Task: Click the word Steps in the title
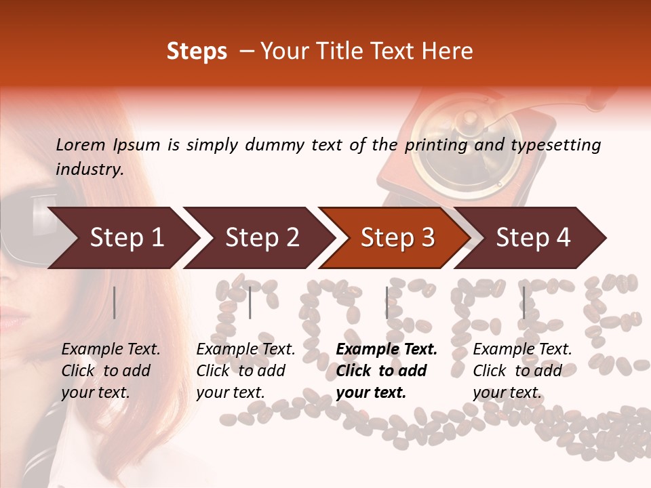tap(197, 52)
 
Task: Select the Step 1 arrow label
tap(127, 238)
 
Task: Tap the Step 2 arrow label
tap(262, 238)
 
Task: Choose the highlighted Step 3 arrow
tap(397, 238)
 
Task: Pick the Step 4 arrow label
tap(533, 238)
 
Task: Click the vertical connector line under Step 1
tap(115, 302)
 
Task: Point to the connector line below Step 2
tap(250, 302)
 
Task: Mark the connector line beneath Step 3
tap(387, 302)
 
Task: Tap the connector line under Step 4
tap(524, 302)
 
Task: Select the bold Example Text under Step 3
tap(387, 350)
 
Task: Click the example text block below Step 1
tap(110, 371)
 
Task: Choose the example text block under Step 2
tap(245, 371)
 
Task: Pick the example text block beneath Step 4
tap(521, 371)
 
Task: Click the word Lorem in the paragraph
tap(81, 145)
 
